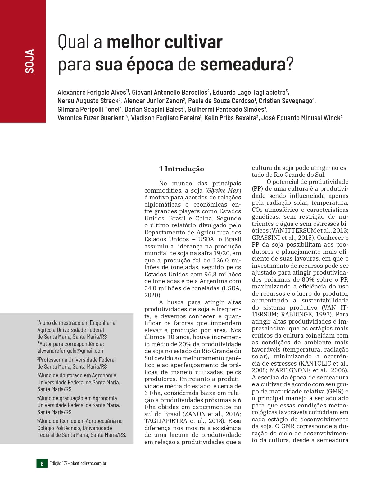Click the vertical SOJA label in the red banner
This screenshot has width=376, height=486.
pyautogui.click(x=29, y=61)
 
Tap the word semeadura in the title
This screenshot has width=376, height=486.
pyautogui.click(x=242, y=64)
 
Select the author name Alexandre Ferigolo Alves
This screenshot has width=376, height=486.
pyautogui.click(x=92, y=93)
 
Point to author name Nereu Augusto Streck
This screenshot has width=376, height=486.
pyautogui.click(x=88, y=101)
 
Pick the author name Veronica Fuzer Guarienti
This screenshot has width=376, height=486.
pyautogui.click(x=91, y=118)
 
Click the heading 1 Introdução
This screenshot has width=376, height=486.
pyautogui.click(x=181, y=169)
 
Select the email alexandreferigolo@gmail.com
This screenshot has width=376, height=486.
pyautogui.click(x=71, y=351)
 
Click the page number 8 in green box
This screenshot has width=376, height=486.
pyautogui.click(x=42, y=463)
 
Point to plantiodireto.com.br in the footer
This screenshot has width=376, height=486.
pyautogui.click(x=88, y=463)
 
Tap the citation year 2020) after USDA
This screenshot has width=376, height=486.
pyautogui.click(x=153, y=295)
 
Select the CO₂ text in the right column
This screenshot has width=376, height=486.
pyautogui.click(x=256, y=210)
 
